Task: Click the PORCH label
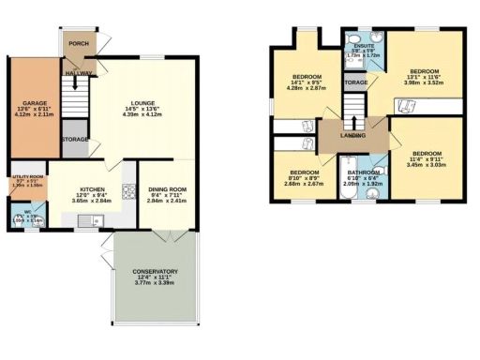point(78,43)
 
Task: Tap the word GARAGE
point(23,103)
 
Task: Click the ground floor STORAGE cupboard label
point(76,140)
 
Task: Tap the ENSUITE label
point(357,50)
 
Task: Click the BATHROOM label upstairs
point(363,172)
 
